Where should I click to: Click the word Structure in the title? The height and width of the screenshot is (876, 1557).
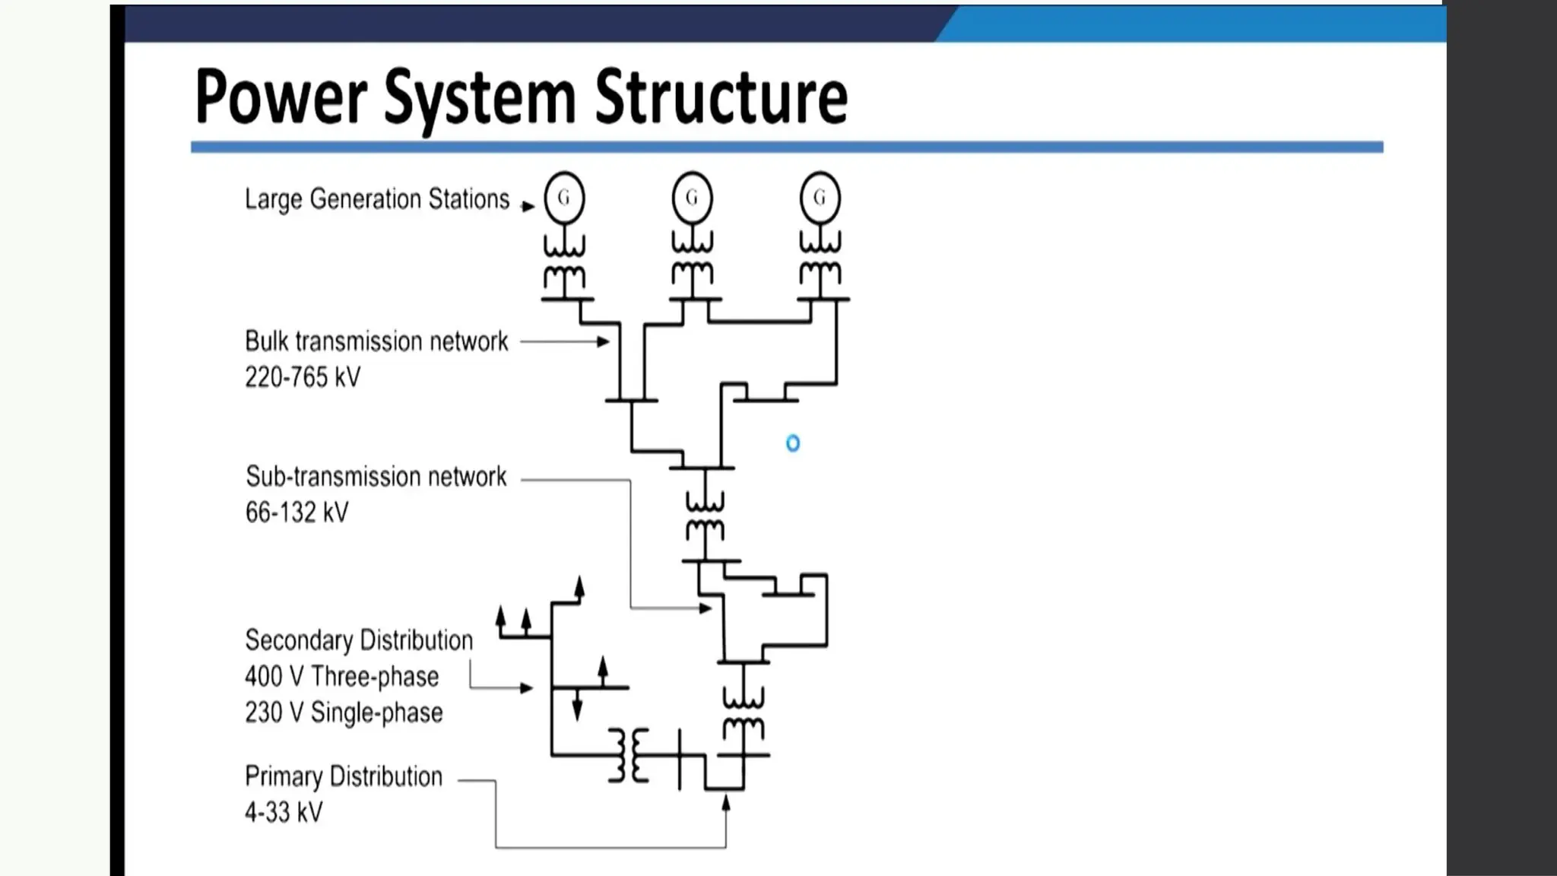tap(721, 97)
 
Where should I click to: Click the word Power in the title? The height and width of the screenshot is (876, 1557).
tap(281, 97)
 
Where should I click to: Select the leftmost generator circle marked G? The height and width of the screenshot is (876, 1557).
tap(564, 198)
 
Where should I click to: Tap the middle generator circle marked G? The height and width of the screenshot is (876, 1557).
tap(692, 198)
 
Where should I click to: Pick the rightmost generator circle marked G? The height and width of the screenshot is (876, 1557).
tap(820, 198)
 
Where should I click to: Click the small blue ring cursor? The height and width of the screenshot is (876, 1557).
tap(793, 443)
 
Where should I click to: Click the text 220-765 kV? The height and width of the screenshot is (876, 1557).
tap(303, 377)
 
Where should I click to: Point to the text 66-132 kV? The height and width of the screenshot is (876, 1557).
tap(296, 513)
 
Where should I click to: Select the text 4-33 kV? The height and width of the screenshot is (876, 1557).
tap(284, 812)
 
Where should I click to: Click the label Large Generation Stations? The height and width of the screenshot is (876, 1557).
tap(376, 199)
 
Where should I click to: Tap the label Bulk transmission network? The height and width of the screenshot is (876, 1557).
tap(376, 341)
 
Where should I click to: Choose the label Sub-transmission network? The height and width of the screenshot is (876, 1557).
tap(376, 477)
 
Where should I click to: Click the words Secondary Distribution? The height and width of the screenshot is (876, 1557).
tap(358, 640)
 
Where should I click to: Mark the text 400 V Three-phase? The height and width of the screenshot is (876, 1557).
tap(341, 676)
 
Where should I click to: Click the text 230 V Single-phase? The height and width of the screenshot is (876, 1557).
tap(344, 713)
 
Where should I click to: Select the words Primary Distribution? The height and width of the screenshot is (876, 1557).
tap(343, 776)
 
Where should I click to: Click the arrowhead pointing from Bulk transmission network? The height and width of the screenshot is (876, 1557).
tap(603, 341)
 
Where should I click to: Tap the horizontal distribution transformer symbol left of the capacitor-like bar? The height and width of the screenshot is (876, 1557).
tap(629, 755)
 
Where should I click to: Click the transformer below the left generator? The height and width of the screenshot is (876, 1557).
tap(564, 260)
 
